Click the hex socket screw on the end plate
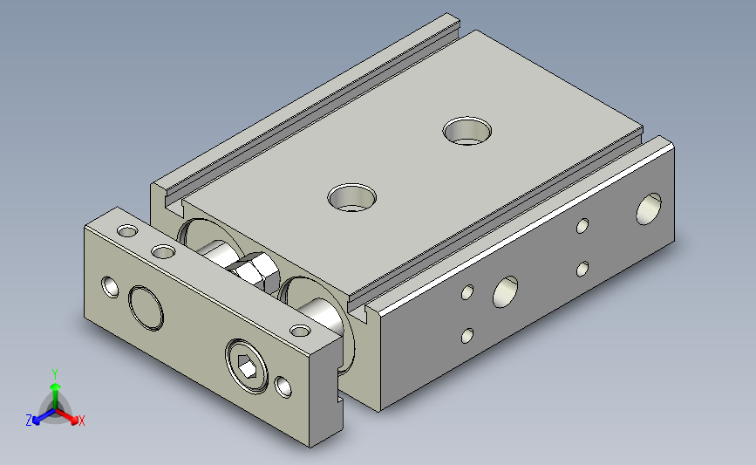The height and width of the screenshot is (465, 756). coord(247,366)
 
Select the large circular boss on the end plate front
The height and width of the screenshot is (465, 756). coord(146,308)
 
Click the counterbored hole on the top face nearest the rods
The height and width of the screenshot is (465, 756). coord(352,197)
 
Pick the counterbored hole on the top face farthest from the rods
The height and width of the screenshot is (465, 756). coord(467,131)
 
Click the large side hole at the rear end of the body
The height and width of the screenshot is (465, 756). coord(649,209)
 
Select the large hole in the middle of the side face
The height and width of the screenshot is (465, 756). coord(505,292)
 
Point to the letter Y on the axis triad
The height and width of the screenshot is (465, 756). coord(55,374)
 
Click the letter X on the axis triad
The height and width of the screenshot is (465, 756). coord(81,421)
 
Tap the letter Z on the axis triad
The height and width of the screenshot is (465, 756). coord(29,421)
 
